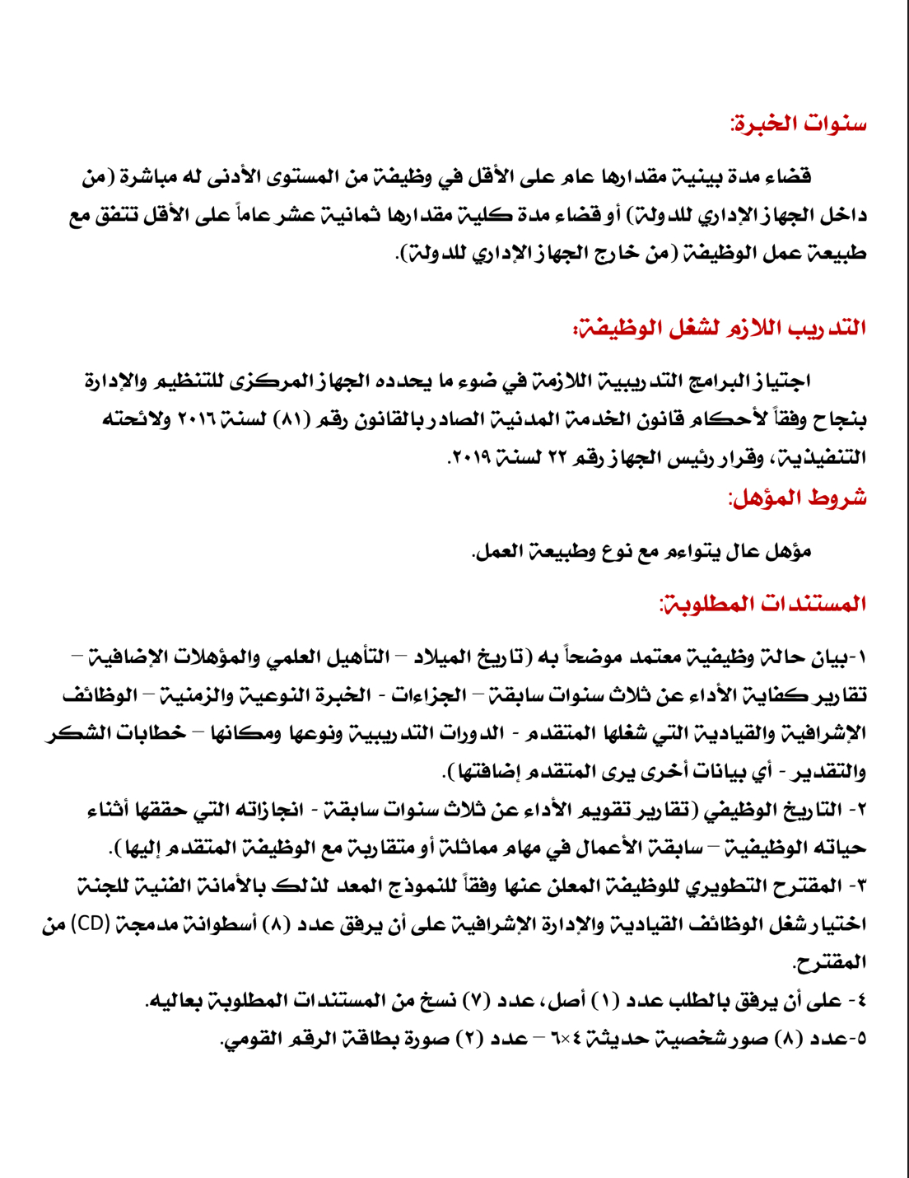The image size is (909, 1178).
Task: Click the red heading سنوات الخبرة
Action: [x=798, y=124]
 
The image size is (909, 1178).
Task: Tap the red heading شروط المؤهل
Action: [x=797, y=498]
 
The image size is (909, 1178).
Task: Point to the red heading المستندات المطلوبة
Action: [x=762, y=604]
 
